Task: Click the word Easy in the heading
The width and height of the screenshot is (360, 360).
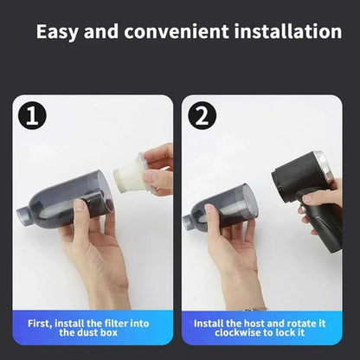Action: (x=58, y=32)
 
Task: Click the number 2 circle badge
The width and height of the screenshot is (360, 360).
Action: (x=204, y=116)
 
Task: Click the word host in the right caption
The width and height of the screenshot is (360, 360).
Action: (x=252, y=323)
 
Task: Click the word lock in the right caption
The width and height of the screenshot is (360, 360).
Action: (x=294, y=333)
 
